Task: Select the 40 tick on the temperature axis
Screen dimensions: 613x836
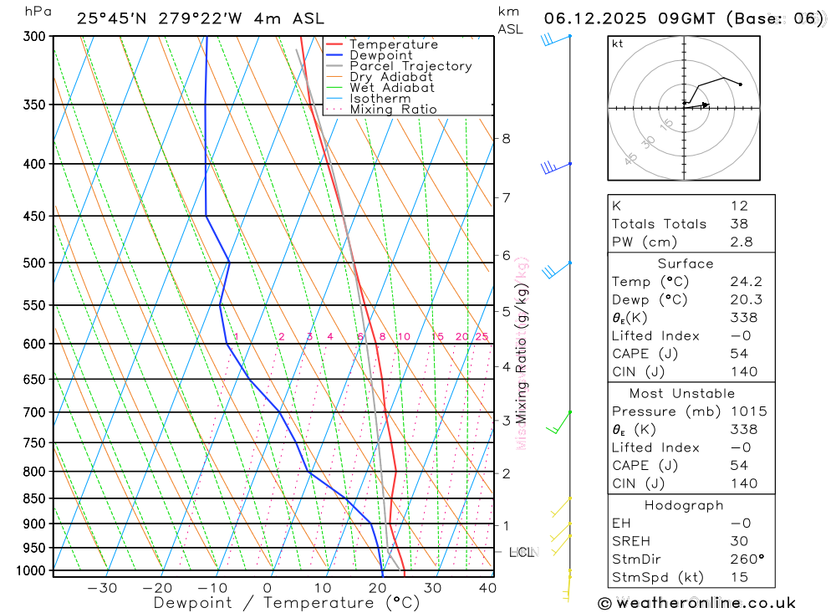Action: coord(487,588)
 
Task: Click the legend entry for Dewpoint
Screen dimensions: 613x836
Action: coord(381,55)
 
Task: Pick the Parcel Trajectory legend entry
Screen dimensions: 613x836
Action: coord(410,66)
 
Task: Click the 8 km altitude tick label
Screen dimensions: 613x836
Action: coord(506,138)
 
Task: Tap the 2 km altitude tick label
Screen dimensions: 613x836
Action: coord(506,473)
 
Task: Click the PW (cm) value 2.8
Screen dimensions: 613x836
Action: coord(741,242)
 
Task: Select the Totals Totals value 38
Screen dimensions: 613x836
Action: coord(739,223)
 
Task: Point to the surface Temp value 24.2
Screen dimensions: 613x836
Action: coord(746,282)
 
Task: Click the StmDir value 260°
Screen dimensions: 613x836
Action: coord(747,559)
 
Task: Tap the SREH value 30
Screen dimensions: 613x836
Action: coord(739,541)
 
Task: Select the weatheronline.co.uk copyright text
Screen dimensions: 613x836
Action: coord(696,602)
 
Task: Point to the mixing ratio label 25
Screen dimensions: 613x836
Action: coord(482,337)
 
